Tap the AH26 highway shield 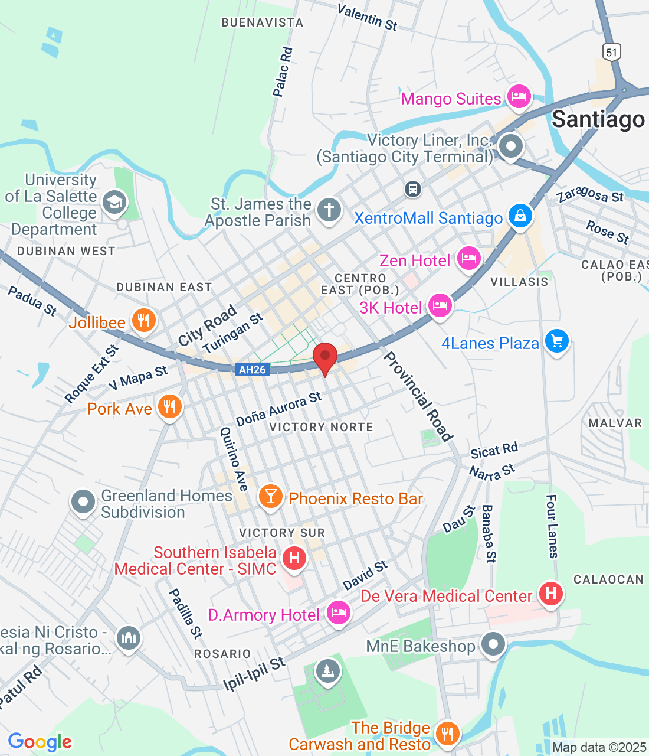click(252, 370)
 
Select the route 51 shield click(612, 51)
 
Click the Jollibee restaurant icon click(143, 321)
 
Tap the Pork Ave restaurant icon click(169, 407)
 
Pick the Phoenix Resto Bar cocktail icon click(270, 497)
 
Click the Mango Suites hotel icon click(519, 97)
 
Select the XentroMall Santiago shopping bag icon click(520, 216)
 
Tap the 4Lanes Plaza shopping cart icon click(556, 341)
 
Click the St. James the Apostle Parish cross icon click(329, 210)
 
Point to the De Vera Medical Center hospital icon click(550, 593)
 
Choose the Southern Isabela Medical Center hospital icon click(294, 558)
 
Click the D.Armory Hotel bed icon click(338, 613)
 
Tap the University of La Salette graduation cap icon click(114, 203)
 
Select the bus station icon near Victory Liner click(413, 189)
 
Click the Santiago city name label click(598, 119)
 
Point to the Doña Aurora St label click(278, 409)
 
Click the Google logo click(40, 742)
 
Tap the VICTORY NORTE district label click(321, 427)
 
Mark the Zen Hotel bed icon click(468, 259)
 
